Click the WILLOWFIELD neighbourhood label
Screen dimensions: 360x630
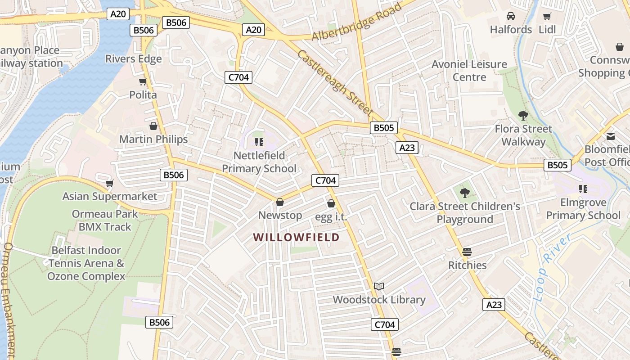[296, 237]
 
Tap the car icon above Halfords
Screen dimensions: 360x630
[511, 16]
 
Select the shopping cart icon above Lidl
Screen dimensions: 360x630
[547, 17]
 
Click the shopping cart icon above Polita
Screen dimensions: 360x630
[143, 81]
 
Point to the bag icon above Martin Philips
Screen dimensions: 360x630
[153, 126]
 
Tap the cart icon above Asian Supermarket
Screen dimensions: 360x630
[109, 183]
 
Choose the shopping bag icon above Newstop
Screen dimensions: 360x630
[280, 202]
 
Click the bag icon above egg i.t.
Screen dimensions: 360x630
[331, 203]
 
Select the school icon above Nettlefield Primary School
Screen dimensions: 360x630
[259, 142]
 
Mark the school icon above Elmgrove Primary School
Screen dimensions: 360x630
[583, 189]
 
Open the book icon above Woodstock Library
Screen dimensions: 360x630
[379, 286]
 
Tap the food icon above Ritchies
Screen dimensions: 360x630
[467, 252]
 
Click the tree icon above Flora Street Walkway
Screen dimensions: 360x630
[523, 116]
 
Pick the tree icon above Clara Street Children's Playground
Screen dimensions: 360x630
[465, 193]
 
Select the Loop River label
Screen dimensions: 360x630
[551, 266]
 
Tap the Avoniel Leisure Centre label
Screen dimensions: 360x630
[469, 71]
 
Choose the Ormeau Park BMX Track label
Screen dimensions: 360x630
[105, 220]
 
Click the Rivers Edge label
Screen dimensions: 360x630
[134, 59]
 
